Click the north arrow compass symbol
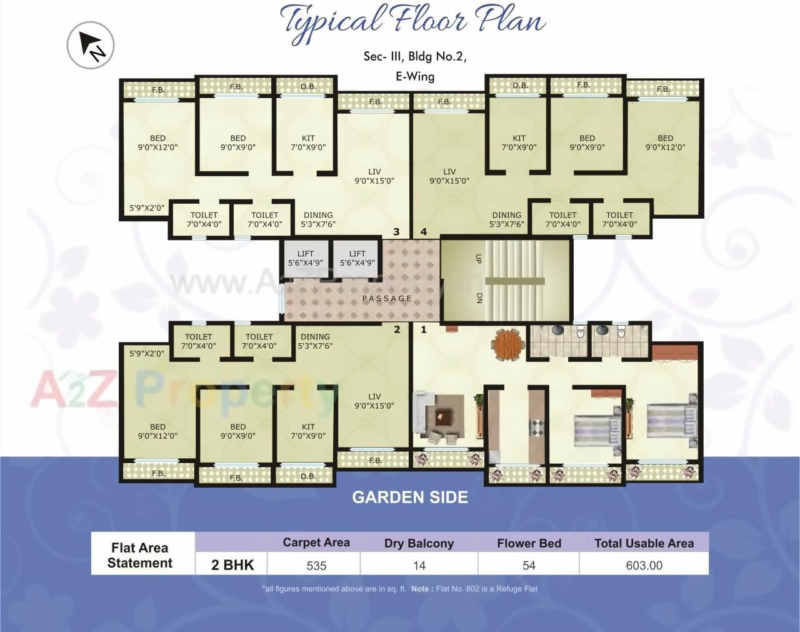click(x=91, y=45)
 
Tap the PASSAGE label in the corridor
click(x=387, y=299)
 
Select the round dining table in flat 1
click(x=506, y=344)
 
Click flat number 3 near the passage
click(x=396, y=232)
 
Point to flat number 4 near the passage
click(x=424, y=232)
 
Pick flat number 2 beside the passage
click(x=397, y=329)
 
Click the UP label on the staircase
click(x=478, y=258)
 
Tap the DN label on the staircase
click(x=479, y=299)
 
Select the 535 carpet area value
click(x=316, y=566)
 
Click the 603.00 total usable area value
click(x=644, y=566)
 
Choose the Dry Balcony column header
click(x=419, y=543)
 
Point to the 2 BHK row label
click(x=232, y=565)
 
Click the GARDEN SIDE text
click(x=410, y=498)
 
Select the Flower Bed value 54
click(x=529, y=566)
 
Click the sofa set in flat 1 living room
click(x=438, y=415)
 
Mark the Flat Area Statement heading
click(x=140, y=555)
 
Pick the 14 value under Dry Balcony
click(x=419, y=566)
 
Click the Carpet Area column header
click(x=316, y=543)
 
